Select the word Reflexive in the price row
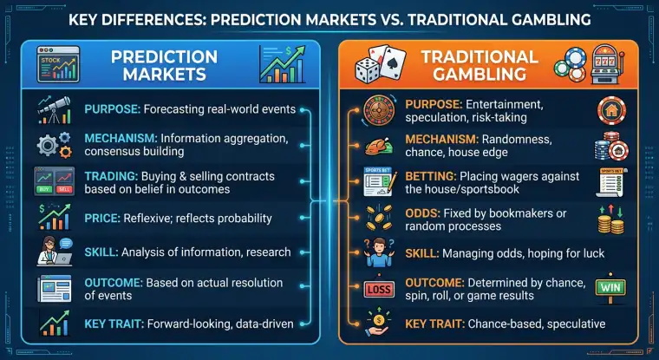(x=167, y=218)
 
